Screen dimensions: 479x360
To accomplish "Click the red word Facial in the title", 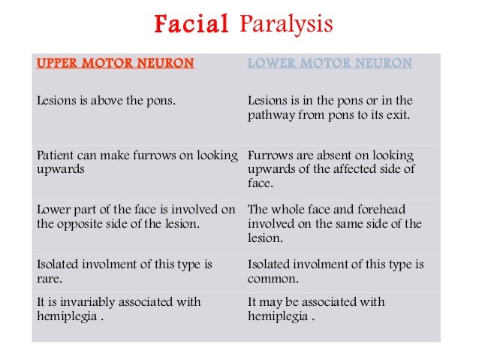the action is [191, 25].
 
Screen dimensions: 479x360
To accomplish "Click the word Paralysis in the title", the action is [286, 25].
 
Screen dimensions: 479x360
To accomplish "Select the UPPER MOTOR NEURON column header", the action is [116, 63].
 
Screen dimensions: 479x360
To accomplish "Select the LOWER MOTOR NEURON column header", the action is [330, 63].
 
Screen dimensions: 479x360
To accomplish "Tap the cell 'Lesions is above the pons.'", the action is [106, 101].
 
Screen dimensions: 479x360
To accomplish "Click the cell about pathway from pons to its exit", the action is [330, 108].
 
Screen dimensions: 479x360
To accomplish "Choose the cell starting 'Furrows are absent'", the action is [331, 169].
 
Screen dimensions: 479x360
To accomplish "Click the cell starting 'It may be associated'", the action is [316, 309].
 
